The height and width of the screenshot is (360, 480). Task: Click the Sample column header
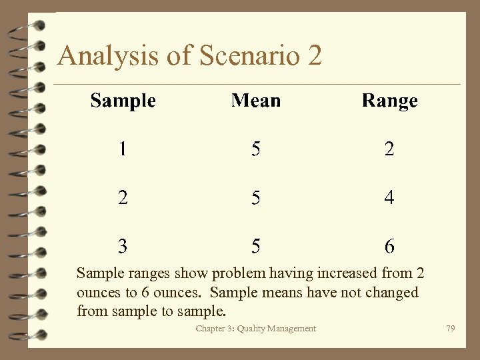click(123, 101)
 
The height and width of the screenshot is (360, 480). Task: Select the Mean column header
click(256, 101)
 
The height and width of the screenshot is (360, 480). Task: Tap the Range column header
click(389, 101)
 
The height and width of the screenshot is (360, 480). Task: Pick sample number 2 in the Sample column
click(123, 197)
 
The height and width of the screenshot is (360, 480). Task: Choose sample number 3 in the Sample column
click(123, 246)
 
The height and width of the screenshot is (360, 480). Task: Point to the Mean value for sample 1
click(256, 149)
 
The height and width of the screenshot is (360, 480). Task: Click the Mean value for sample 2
click(256, 197)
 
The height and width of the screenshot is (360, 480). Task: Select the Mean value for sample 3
click(256, 246)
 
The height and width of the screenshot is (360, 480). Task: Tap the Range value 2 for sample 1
click(389, 149)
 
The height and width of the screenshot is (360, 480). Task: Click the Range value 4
click(389, 197)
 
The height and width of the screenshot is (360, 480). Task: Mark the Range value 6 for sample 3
click(389, 246)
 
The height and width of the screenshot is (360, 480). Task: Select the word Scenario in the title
click(246, 56)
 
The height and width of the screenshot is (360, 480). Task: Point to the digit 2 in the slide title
click(315, 56)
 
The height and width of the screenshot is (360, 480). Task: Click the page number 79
click(451, 329)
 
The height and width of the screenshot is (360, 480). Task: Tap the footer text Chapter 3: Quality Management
click(256, 329)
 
